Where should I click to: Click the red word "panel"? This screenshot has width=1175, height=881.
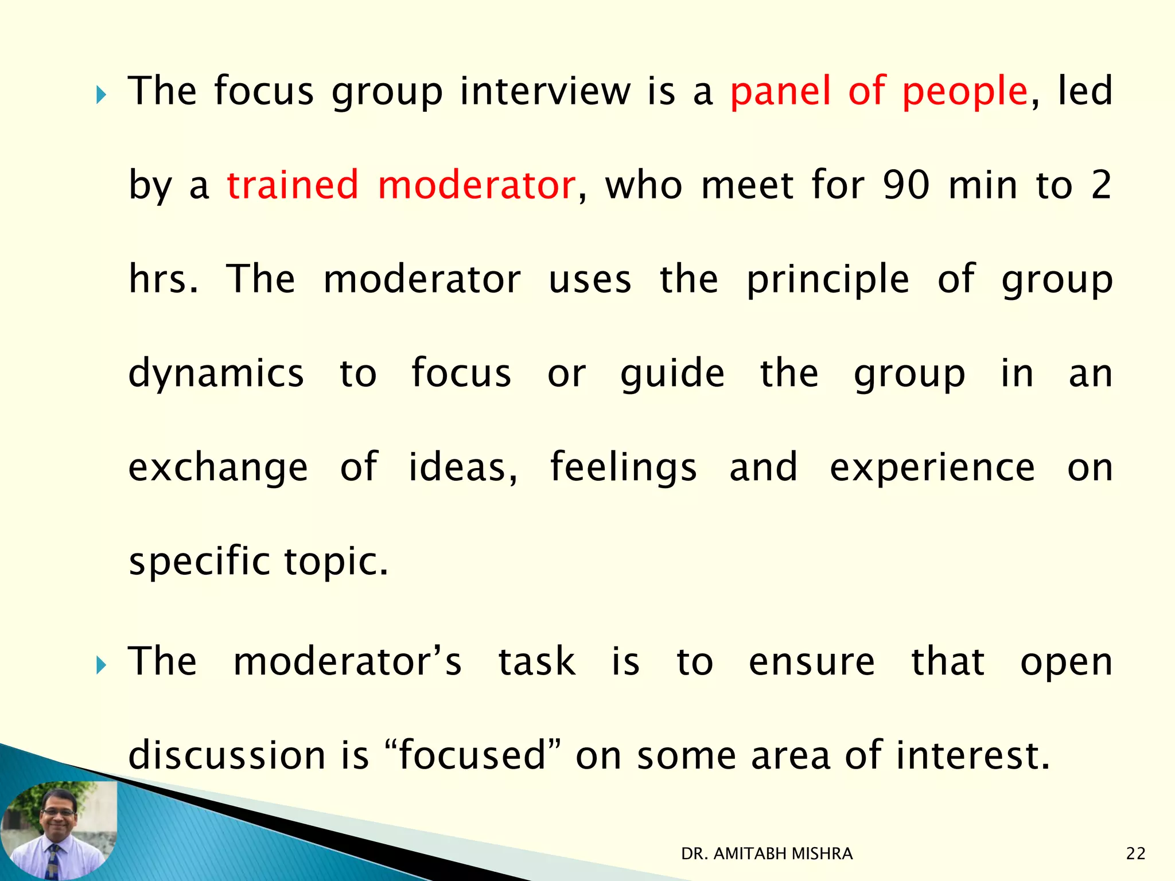[780, 92]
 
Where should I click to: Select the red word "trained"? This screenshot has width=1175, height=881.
[293, 185]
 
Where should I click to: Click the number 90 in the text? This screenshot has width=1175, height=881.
[906, 185]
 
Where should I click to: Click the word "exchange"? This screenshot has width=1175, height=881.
[218, 467]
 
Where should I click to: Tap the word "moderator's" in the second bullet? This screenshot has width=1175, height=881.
[347, 661]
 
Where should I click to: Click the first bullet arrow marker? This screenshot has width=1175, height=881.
[102, 95]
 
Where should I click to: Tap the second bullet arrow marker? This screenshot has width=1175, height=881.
[102, 665]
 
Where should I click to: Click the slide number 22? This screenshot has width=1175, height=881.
[1135, 854]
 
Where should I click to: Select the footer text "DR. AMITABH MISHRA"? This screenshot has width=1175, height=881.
[767, 854]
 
